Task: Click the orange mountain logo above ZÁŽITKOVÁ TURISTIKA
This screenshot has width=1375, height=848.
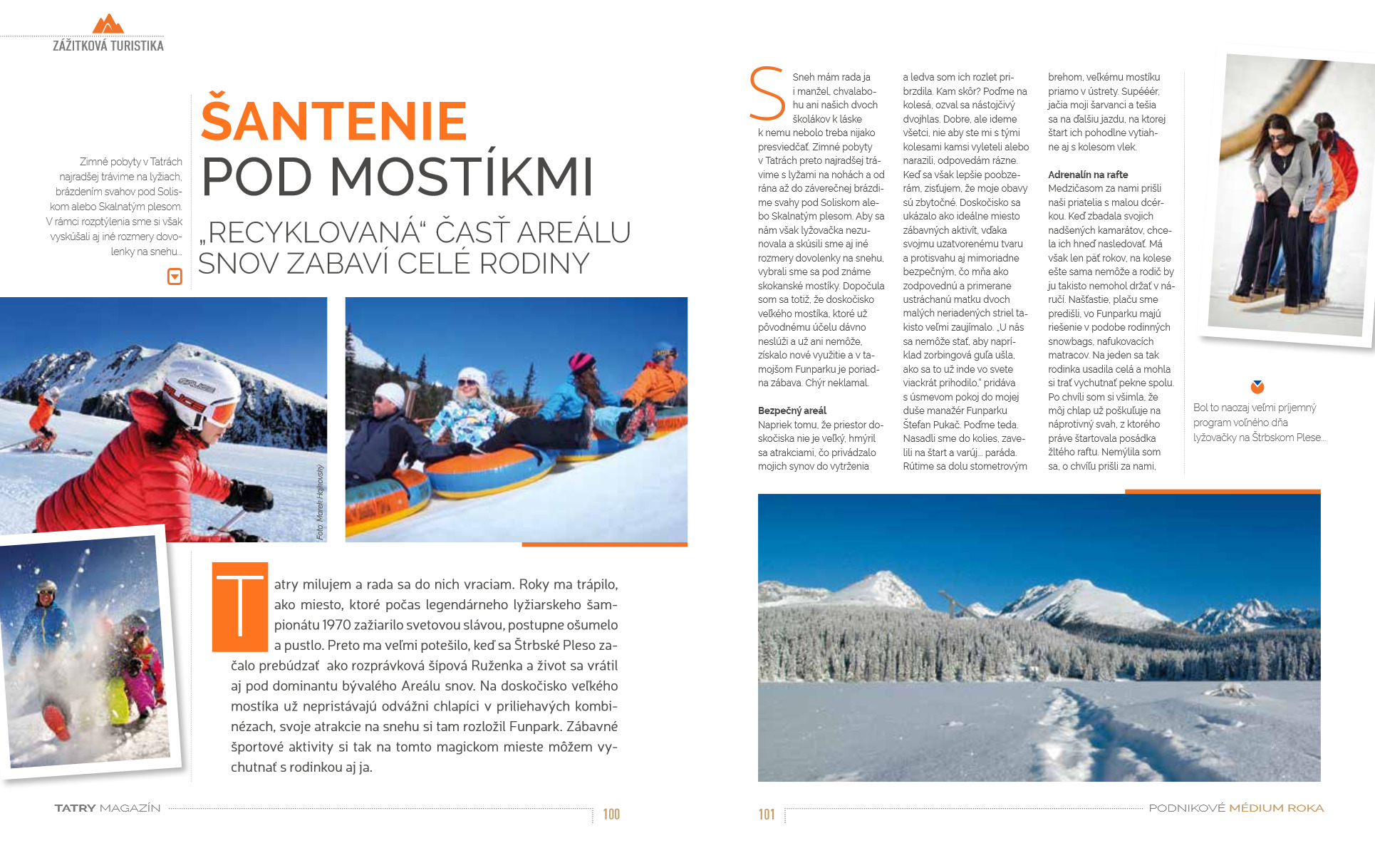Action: (108, 24)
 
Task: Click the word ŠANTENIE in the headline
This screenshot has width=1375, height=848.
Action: (333, 121)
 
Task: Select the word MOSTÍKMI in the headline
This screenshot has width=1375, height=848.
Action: (461, 177)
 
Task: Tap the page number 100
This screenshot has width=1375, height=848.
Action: (611, 815)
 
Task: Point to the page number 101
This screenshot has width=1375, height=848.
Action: (767, 815)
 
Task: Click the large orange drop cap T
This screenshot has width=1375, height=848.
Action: (240, 606)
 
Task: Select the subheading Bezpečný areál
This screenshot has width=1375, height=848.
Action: (792, 410)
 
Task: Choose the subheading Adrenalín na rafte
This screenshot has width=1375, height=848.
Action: (1087, 175)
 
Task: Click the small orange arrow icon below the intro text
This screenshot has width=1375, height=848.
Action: (175, 276)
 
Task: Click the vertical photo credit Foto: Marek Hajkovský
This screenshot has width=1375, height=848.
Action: (320, 502)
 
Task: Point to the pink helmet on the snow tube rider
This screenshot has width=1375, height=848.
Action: (581, 361)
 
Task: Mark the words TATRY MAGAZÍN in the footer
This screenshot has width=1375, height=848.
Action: (108, 808)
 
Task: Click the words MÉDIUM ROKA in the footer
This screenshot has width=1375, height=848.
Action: (1276, 808)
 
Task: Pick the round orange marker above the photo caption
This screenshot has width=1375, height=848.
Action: (1257, 387)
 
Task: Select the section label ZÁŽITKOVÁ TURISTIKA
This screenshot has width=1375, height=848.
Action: (108, 46)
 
